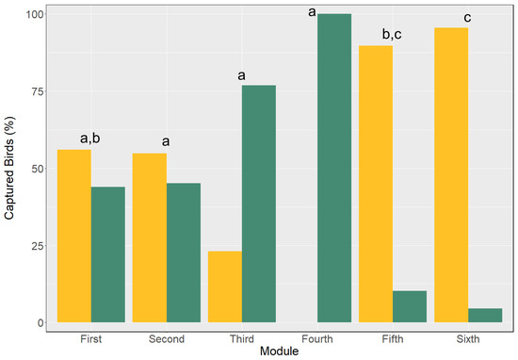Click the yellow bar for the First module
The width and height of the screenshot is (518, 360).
(x=74, y=236)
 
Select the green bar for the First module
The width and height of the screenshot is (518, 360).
(x=108, y=254)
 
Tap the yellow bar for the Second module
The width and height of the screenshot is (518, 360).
(x=150, y=238)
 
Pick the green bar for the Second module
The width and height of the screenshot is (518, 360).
(x=184, y=253)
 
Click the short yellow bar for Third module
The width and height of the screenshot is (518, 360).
(x=225, y=286)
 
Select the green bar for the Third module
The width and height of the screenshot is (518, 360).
(x=259, y=204)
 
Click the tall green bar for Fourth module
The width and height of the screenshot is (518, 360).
(x=334, y=168)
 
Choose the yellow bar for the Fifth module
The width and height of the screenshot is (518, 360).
(x=376, y=184)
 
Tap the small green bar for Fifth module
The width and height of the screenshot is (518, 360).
(x=410, y=306)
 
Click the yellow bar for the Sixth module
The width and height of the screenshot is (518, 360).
(x=451, y=175)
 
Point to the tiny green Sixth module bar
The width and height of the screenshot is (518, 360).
(x=485, y=316)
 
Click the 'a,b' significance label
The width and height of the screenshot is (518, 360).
(x=89, y=139)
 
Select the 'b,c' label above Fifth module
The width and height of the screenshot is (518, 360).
(x=392, y=34)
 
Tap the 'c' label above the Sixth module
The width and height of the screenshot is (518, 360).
(x=467, y=18)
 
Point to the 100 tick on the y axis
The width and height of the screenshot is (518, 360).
(x=35, y=14)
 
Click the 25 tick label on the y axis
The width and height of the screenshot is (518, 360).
(x=38, y=246)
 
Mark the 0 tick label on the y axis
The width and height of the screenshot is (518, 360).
(x=40, y=323)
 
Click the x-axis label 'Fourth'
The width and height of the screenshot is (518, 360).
(x=317, y=339)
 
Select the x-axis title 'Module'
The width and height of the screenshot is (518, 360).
(x=279, y=352)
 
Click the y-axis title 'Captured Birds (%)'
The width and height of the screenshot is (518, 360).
(x=9, y=168)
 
